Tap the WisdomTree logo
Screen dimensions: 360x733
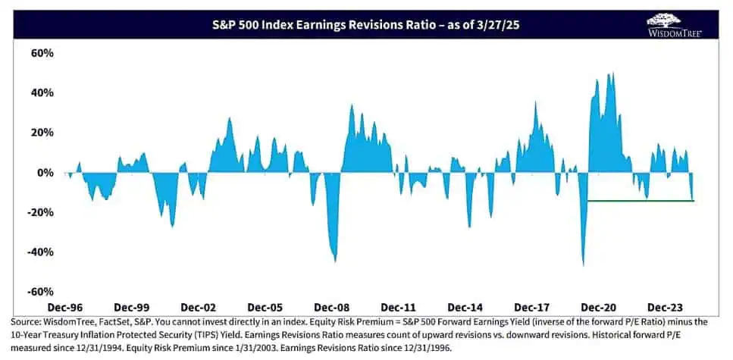[674, 24]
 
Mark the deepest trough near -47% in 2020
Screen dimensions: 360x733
[583, 265]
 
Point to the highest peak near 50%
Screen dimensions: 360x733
[611, 74]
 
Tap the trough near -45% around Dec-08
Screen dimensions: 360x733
[335, 261]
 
